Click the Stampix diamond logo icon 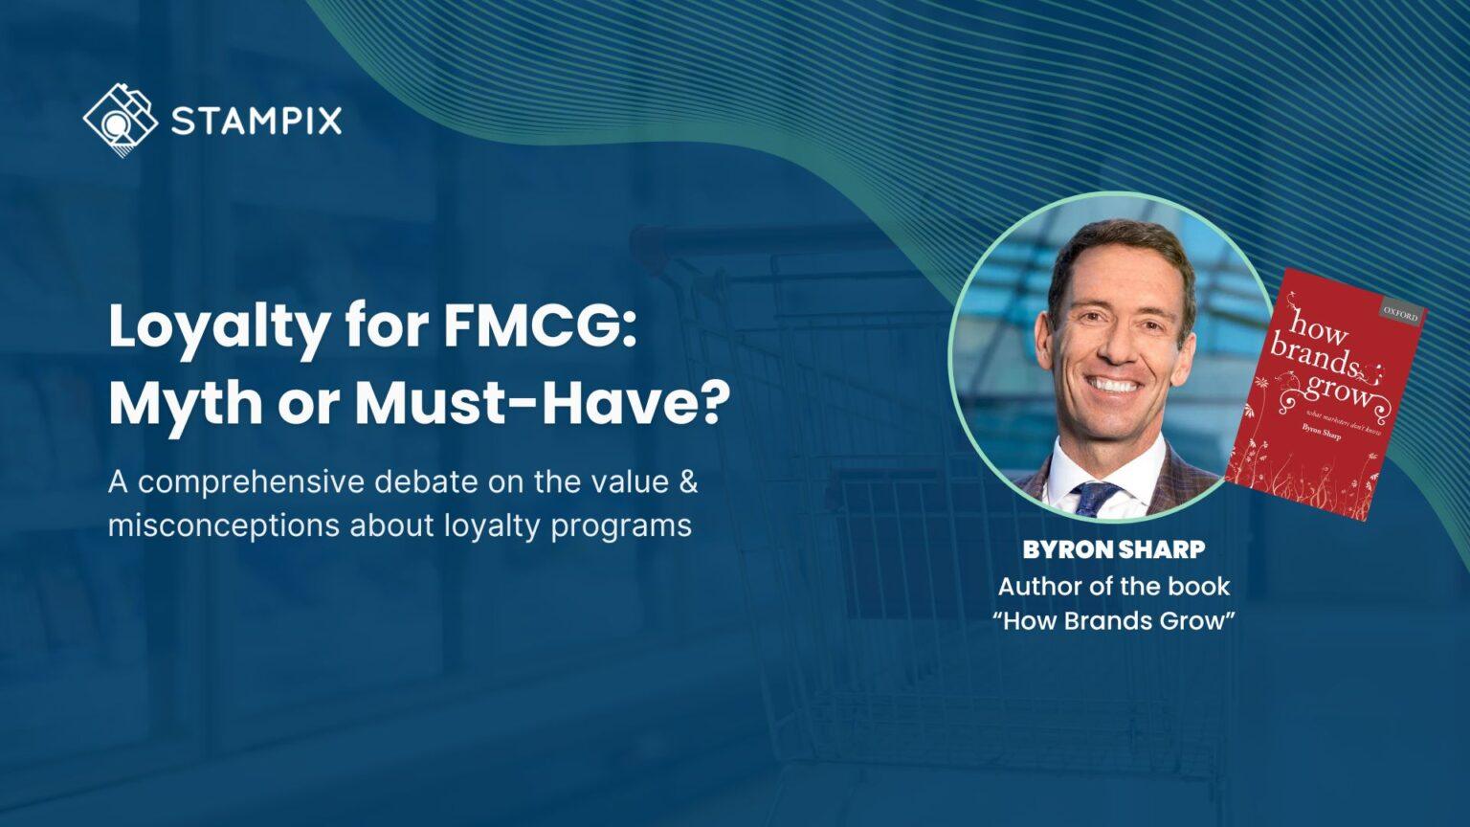click(x=120, y=120)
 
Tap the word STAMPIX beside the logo click(x=256, y=122)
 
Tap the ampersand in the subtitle click(x=688, y=481)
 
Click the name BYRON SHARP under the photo click(x=1113, y=550)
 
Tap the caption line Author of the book click(x=1113, y=586)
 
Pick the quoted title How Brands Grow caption click(x=1113, y=621)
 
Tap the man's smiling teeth click(x=1115, y=386)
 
